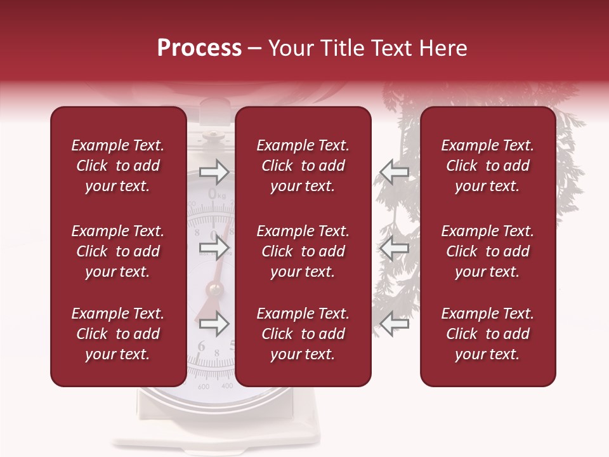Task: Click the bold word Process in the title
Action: tap(199, 48)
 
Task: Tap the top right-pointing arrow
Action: tap(214, 171)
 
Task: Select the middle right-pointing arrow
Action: tap(214, 248)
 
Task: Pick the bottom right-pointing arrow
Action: tap(214, 324)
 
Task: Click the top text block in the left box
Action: tap(118, 166)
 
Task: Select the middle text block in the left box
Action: tap(118, 251)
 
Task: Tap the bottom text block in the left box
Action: tap(118, 334)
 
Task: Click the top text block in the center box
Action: tap(303, 166)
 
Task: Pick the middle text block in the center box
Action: tap(303, 251)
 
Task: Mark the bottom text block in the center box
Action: tap(303, 334)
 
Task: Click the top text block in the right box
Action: tap(488, 166)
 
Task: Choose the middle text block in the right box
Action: tap(488, 251)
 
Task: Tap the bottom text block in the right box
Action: tap(488, 334)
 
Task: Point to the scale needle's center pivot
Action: tap(214, 290)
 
